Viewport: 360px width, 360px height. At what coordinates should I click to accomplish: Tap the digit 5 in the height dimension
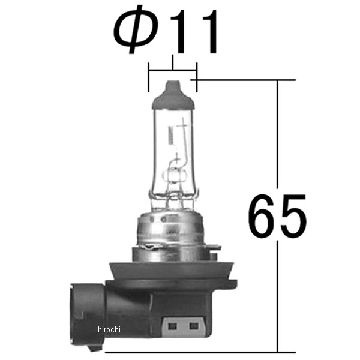point(293,216)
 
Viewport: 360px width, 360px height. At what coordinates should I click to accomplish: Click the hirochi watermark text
point(109,329)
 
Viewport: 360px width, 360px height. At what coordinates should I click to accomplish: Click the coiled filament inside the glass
point(171,136)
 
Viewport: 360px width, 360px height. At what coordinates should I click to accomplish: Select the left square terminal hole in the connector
point(172,326)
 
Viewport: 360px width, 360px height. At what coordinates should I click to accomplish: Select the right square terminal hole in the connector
point(194,326)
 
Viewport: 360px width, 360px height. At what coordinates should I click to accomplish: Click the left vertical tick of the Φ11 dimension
point(149,77)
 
